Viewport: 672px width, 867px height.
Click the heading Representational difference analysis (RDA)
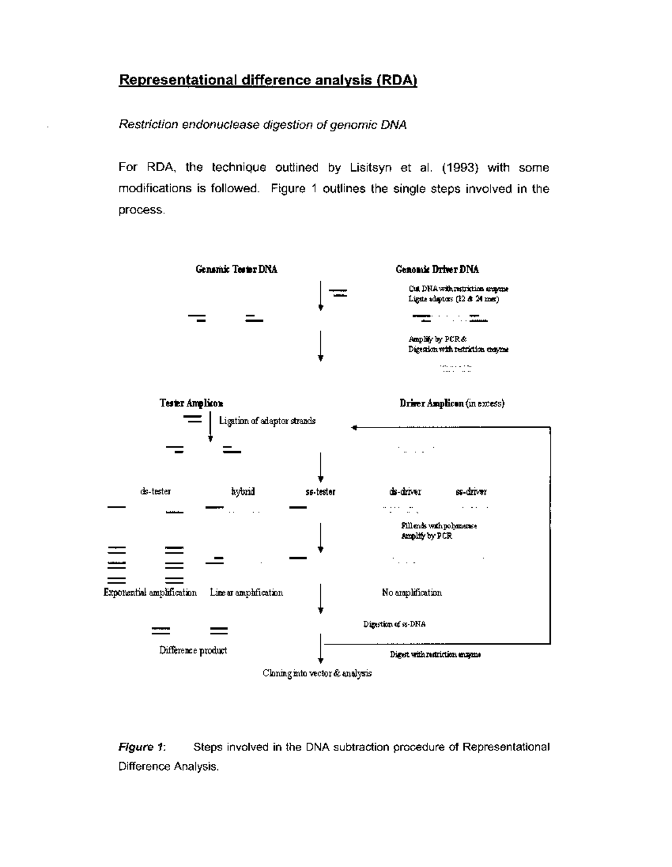tap(268, 80)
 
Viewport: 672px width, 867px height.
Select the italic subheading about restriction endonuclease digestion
tap(262, 125)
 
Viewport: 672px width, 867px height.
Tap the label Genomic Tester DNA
tap(236, 270)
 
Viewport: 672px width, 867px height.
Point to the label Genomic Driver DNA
tap(437, 270)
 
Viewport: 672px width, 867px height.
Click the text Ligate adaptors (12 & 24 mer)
tap(453, 299)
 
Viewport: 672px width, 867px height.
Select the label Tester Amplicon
tap(192, 404)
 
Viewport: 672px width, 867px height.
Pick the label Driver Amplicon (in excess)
tap(451, 404)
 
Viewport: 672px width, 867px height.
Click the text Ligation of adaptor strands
tap(267, 421)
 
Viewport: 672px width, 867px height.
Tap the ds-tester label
tap(155, 492)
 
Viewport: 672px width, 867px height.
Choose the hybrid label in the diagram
tap(243, 492)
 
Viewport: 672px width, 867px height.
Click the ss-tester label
tap(320, 492)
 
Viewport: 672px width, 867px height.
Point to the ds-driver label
tap(405, 492)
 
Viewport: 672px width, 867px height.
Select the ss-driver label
tap(471, 492)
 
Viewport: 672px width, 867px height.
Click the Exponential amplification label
tap(150, 592)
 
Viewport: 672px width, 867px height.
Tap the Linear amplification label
tap(246, 592)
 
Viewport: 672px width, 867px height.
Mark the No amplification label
tap(412, 592)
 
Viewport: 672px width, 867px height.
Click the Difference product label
tap(193, 651)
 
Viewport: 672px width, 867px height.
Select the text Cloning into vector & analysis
tap(317, 673)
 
